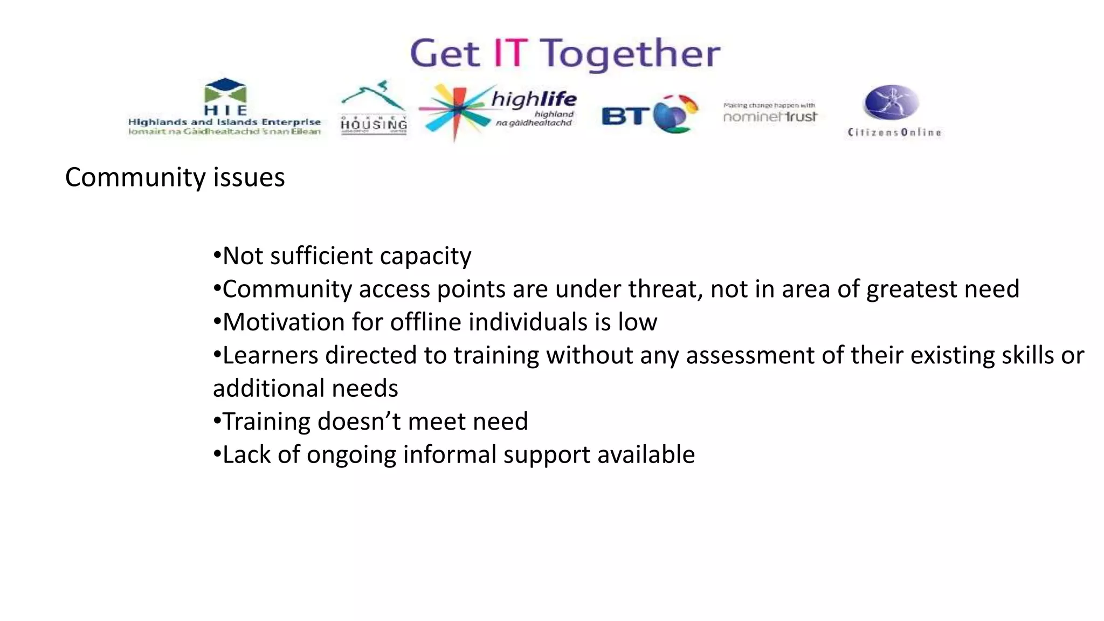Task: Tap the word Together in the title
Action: pyautogui.click(x=630, y=54)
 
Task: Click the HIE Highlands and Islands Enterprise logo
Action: pyautogui.click(x=225, y=108)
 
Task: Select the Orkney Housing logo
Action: pyautogui.click(x=373, y=108)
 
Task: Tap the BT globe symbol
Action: pyautogui.click(x=675, y=113)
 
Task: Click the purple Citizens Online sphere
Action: pyautogui.click(x=892, y=102)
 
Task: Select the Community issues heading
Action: pyautogui.click(x=175, y=177)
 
